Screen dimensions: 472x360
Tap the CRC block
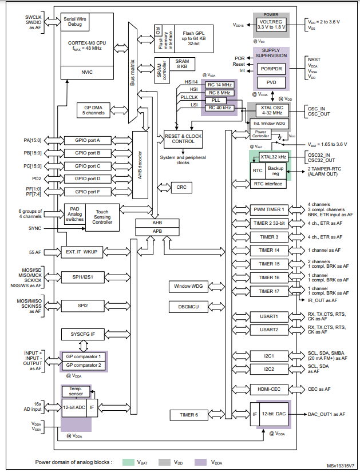pos(181,188)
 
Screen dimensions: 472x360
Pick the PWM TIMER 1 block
pos(269,209)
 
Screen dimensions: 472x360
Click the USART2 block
pos(269,330)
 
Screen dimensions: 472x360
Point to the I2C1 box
pos(269,355)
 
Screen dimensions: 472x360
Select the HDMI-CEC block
pos(269,389)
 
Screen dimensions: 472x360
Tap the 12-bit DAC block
pos(273,414)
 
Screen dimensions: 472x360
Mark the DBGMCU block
pos(187,307)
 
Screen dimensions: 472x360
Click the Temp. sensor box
pos(76,391)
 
